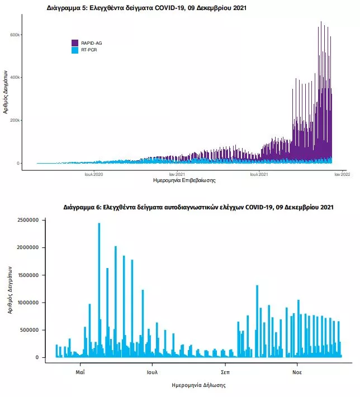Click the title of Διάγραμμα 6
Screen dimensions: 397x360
pos(198,207)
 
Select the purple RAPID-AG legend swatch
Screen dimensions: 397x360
pos(75,43)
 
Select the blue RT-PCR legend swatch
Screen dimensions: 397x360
pos(75,50)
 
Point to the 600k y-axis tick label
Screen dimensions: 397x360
pos(15,35)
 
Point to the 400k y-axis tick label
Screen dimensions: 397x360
pos(15,78)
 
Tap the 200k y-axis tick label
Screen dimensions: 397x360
pos(15,121)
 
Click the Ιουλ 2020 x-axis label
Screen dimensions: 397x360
pos(94,174)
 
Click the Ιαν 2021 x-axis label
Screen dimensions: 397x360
pos(177,174)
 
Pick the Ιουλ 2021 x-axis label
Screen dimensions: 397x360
pos(258,174)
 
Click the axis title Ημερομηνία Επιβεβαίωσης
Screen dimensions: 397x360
pos(184,181)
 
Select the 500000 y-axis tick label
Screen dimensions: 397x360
pos(26,330)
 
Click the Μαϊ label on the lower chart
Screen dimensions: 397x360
pos(80,371)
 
